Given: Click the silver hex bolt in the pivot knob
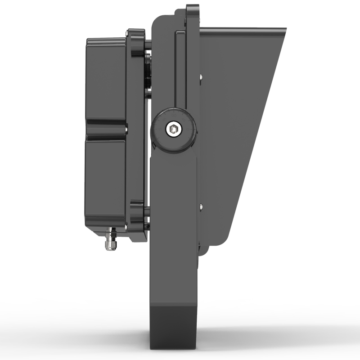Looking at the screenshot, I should click(x=174, y=130).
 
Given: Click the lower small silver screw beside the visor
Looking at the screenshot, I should click(x=201, y=206).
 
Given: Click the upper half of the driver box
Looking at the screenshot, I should click(x=106, y=81).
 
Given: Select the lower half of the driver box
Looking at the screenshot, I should click(x=106, y=180).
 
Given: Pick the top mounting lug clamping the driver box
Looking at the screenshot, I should click(x=136, y=43).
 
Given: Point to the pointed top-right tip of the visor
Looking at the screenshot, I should click(x=284, y=31).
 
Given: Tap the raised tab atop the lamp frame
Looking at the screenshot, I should click(x=193, y=13).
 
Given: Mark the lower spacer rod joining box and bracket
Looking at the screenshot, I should click(x=147, y=209).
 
